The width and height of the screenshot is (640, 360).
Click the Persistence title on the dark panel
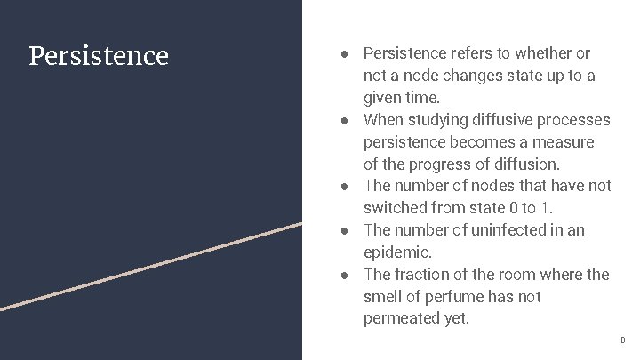(99, 56)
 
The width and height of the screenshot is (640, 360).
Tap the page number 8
(622, 340)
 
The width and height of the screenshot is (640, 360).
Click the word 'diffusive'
(510, 120)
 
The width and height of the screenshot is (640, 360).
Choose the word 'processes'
(579, 120)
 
